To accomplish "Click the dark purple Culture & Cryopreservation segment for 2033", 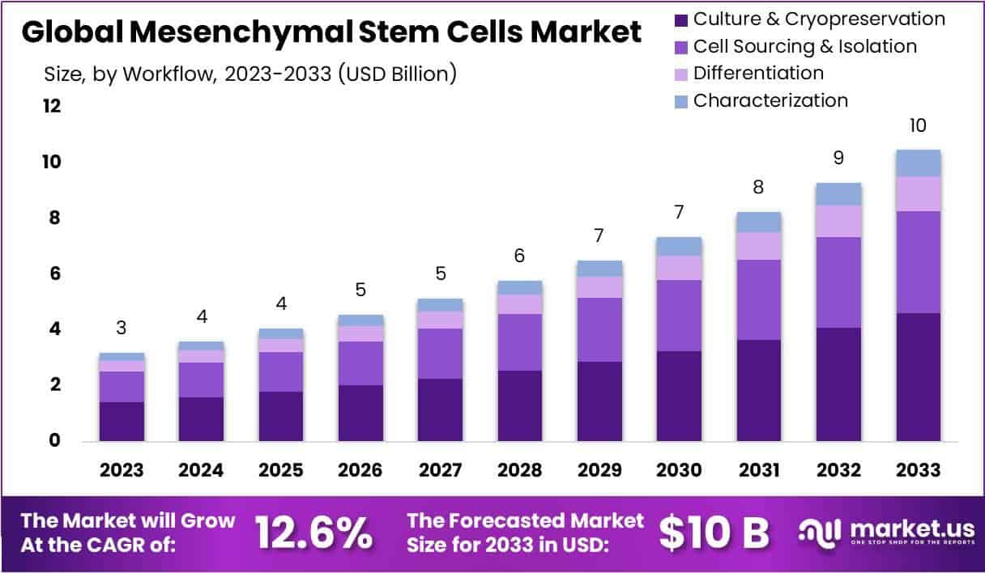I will (918, 376).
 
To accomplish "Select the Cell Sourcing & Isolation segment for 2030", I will (679, 316).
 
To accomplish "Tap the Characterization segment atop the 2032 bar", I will (838, 194).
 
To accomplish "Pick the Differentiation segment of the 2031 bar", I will (758, 246).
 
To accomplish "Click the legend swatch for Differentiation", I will (681, 74).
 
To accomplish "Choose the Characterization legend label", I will (770, 100).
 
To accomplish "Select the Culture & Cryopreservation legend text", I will (819, 19).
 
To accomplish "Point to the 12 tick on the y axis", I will (52, 107).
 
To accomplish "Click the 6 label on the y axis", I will (55, 274).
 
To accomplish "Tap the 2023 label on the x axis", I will (122, 470).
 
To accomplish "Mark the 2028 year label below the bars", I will (519, 470).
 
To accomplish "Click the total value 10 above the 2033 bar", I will (918, 125).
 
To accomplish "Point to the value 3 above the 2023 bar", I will (122, 328).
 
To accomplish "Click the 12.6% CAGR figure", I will (314, 533).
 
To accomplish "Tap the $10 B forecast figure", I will (713, 533).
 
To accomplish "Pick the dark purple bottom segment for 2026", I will (360, 413).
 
